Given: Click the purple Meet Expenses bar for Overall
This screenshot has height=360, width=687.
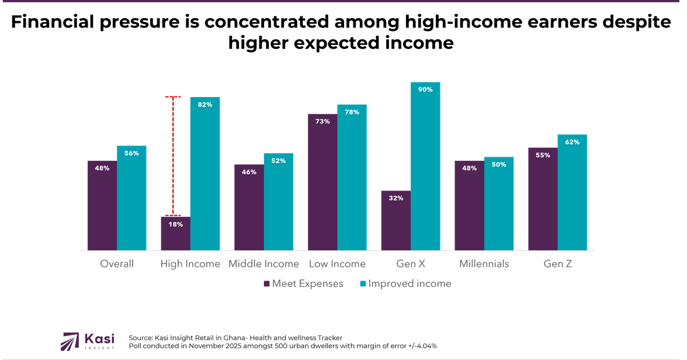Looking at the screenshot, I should tap(102, 205).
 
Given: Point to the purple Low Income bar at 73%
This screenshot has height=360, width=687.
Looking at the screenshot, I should tap(322, 182).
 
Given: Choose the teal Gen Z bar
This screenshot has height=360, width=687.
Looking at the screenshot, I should tap(572, 192).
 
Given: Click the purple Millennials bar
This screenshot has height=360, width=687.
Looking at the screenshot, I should tap(469, 205).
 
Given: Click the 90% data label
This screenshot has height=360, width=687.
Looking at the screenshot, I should tap(425, 89).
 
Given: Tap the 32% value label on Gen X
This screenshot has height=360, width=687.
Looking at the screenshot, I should tap(395, 198).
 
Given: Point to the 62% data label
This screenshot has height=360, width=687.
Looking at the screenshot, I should tap(572, 142).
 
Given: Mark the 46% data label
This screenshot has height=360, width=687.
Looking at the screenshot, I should tap(249, 172).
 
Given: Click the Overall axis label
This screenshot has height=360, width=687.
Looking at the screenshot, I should tap(117, 264).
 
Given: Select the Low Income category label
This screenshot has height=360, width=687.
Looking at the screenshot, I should tap(337, 264).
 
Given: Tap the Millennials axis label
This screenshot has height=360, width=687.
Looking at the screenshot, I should tap(484, 264).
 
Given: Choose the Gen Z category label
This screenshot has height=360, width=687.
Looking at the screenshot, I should tap(557, 264).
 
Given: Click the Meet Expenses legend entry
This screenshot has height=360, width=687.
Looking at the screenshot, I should tap(303, 284).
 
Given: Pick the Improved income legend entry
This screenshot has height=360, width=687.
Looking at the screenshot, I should tap(405, 284).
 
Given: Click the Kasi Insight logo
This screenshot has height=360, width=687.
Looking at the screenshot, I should tap(88, 341).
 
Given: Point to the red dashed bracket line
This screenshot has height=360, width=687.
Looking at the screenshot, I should tap(173, 155).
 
